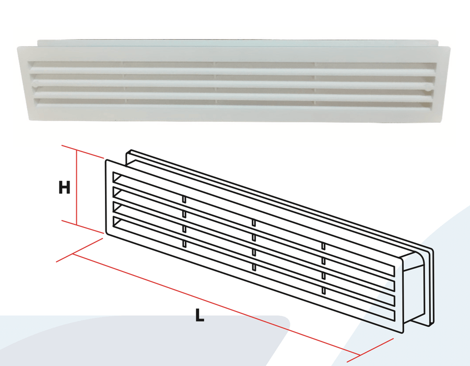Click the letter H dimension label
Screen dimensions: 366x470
(x=64, y=188)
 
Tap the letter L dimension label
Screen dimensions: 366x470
(x=199, y=315)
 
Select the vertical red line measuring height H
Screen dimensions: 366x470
(x=77, y=187)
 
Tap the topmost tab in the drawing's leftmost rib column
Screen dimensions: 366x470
(x=184, y=200)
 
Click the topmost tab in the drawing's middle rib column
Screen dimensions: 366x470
(x=254, y=223)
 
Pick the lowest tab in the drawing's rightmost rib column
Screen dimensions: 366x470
(x=323, y=290)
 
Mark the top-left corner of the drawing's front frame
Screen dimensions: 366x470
(x=107, y=161)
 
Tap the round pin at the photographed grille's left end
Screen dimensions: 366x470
(x=36, y=82)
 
